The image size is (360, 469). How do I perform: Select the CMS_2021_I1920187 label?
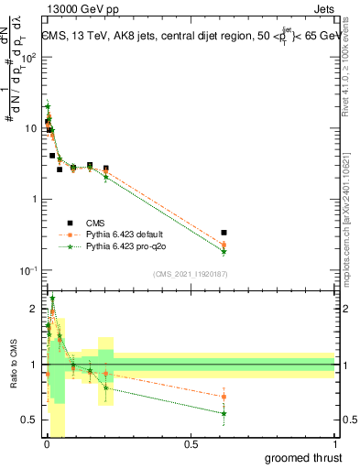190,273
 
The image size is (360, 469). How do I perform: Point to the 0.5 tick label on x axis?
190,443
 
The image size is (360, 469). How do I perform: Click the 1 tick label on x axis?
334,443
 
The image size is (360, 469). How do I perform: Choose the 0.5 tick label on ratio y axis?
29,420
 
